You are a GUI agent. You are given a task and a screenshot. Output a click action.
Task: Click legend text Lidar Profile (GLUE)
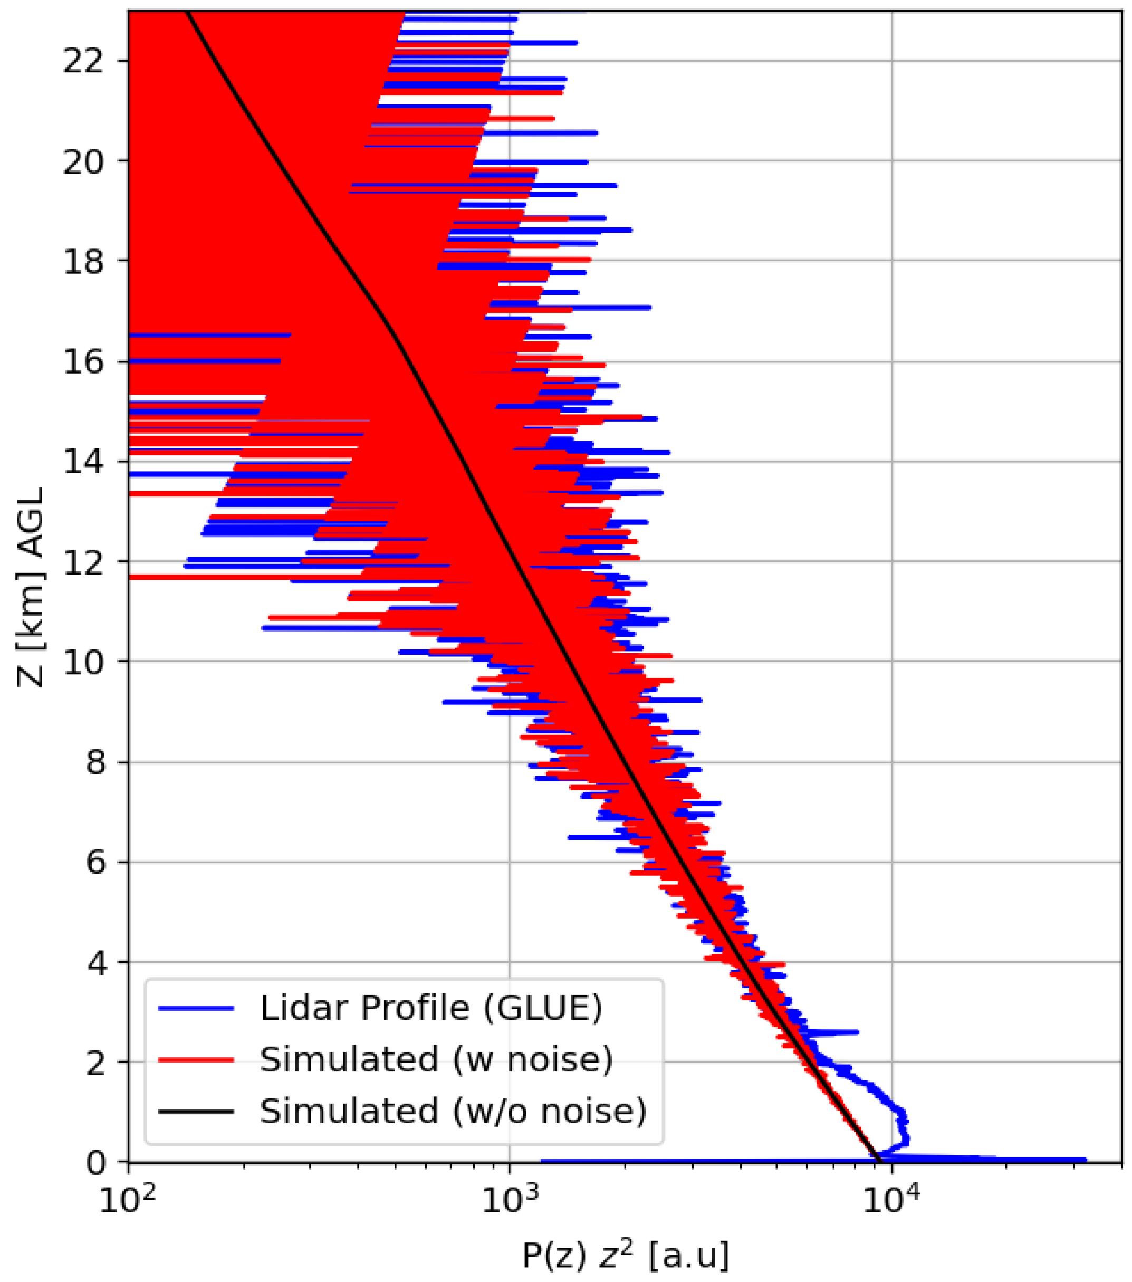point(431,1008)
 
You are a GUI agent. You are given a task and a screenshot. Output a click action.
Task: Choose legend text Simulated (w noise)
point(436,1059)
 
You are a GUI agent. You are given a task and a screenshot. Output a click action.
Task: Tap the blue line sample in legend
point(196,1008)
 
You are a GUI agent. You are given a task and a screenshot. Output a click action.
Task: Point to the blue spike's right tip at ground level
point(1085,1160)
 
